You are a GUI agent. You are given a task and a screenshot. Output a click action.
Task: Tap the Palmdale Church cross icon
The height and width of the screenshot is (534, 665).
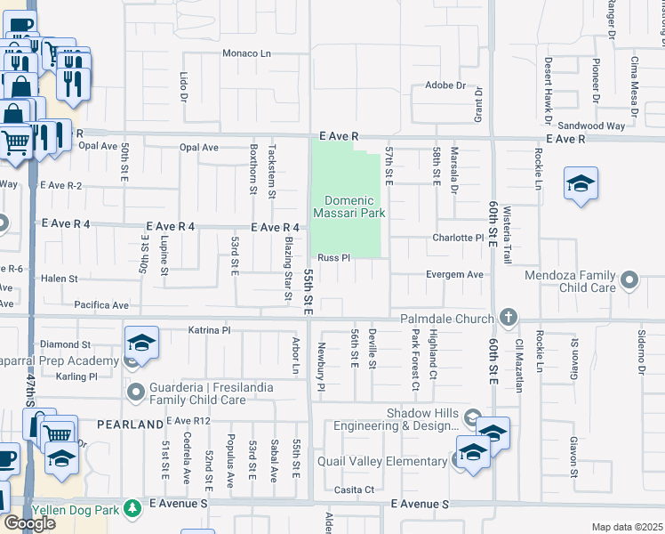click(x=508, y=316)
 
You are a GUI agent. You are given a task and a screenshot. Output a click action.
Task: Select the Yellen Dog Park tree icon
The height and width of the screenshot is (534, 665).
click(x=132, y=508)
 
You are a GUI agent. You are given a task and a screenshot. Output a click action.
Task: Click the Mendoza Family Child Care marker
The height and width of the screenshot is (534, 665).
click(x=630, y=281)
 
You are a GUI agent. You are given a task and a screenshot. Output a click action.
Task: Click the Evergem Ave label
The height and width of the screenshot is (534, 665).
click(x=454, y=275)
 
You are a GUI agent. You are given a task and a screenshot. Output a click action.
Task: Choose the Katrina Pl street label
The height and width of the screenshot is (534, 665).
click(x=210, y=330)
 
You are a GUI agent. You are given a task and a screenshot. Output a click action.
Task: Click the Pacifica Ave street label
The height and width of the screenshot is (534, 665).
click(x=102, y=304)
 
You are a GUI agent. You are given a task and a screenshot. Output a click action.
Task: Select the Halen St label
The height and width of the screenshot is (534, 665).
click(x=60, y=279)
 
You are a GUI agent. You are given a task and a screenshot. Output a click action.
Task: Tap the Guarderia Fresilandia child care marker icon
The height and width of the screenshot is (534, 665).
click(x=136, y=391)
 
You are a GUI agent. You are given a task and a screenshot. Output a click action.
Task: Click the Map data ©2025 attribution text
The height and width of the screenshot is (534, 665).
click(x=627, y=527)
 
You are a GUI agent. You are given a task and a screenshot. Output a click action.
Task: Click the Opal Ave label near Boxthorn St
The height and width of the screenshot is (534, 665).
click(x=198, y=148)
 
